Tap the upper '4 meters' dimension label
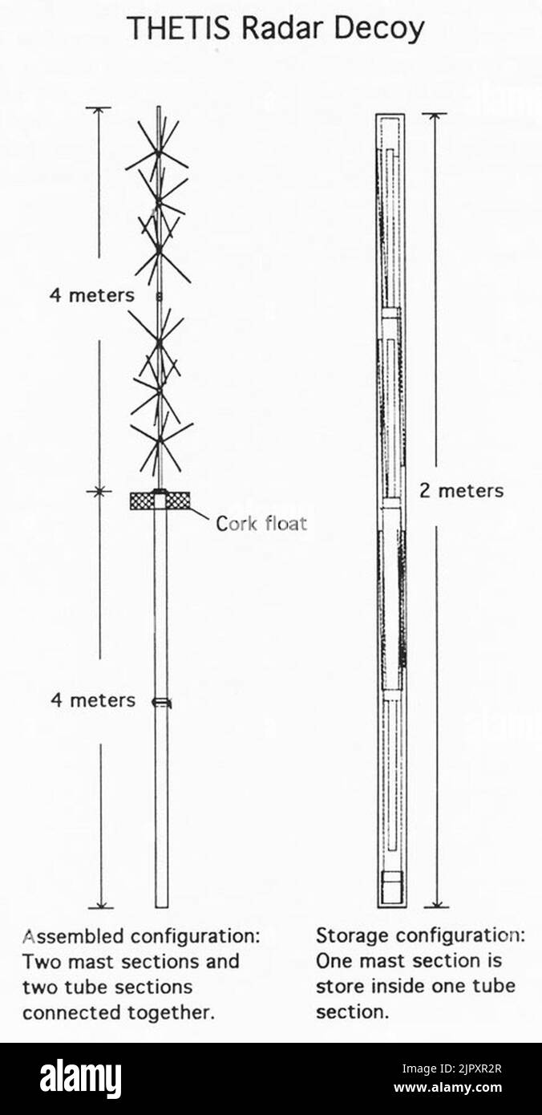92,295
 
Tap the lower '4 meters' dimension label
93,700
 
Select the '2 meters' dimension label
461,491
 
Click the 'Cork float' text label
261,523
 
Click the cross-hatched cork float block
160,501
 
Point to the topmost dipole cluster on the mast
158,152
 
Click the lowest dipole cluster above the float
161,441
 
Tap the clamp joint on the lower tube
161,702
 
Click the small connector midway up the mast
160,297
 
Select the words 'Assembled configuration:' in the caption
141,937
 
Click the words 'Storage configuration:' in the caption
421,936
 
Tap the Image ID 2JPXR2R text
452,1068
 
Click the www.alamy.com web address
448,1087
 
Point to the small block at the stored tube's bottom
392,886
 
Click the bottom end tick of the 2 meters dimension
437,907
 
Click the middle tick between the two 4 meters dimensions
99,492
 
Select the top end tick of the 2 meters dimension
435,114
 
